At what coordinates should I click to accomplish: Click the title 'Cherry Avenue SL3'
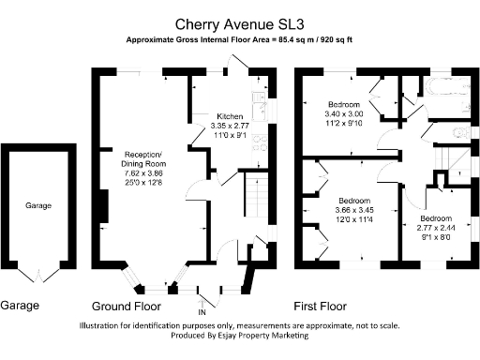pyautogui.click(x=239, y=23)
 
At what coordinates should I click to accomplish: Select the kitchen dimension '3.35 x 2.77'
pyautogui.click(x=230, y=126)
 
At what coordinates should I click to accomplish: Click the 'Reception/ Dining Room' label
pyautogui.click(x=143, y=158)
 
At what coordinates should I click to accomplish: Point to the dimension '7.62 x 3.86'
pyautogui.click(x=143, y=174)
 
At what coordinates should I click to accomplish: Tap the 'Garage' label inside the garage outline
pyautogui.click(x=38, y=205)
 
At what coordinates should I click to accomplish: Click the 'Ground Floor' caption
pyautogui.click(x=128, y=307)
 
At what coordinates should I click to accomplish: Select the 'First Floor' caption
pyautogui.click(x=320, y=307)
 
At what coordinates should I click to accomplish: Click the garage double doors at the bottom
pyautogui.click(x=38, y=277)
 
